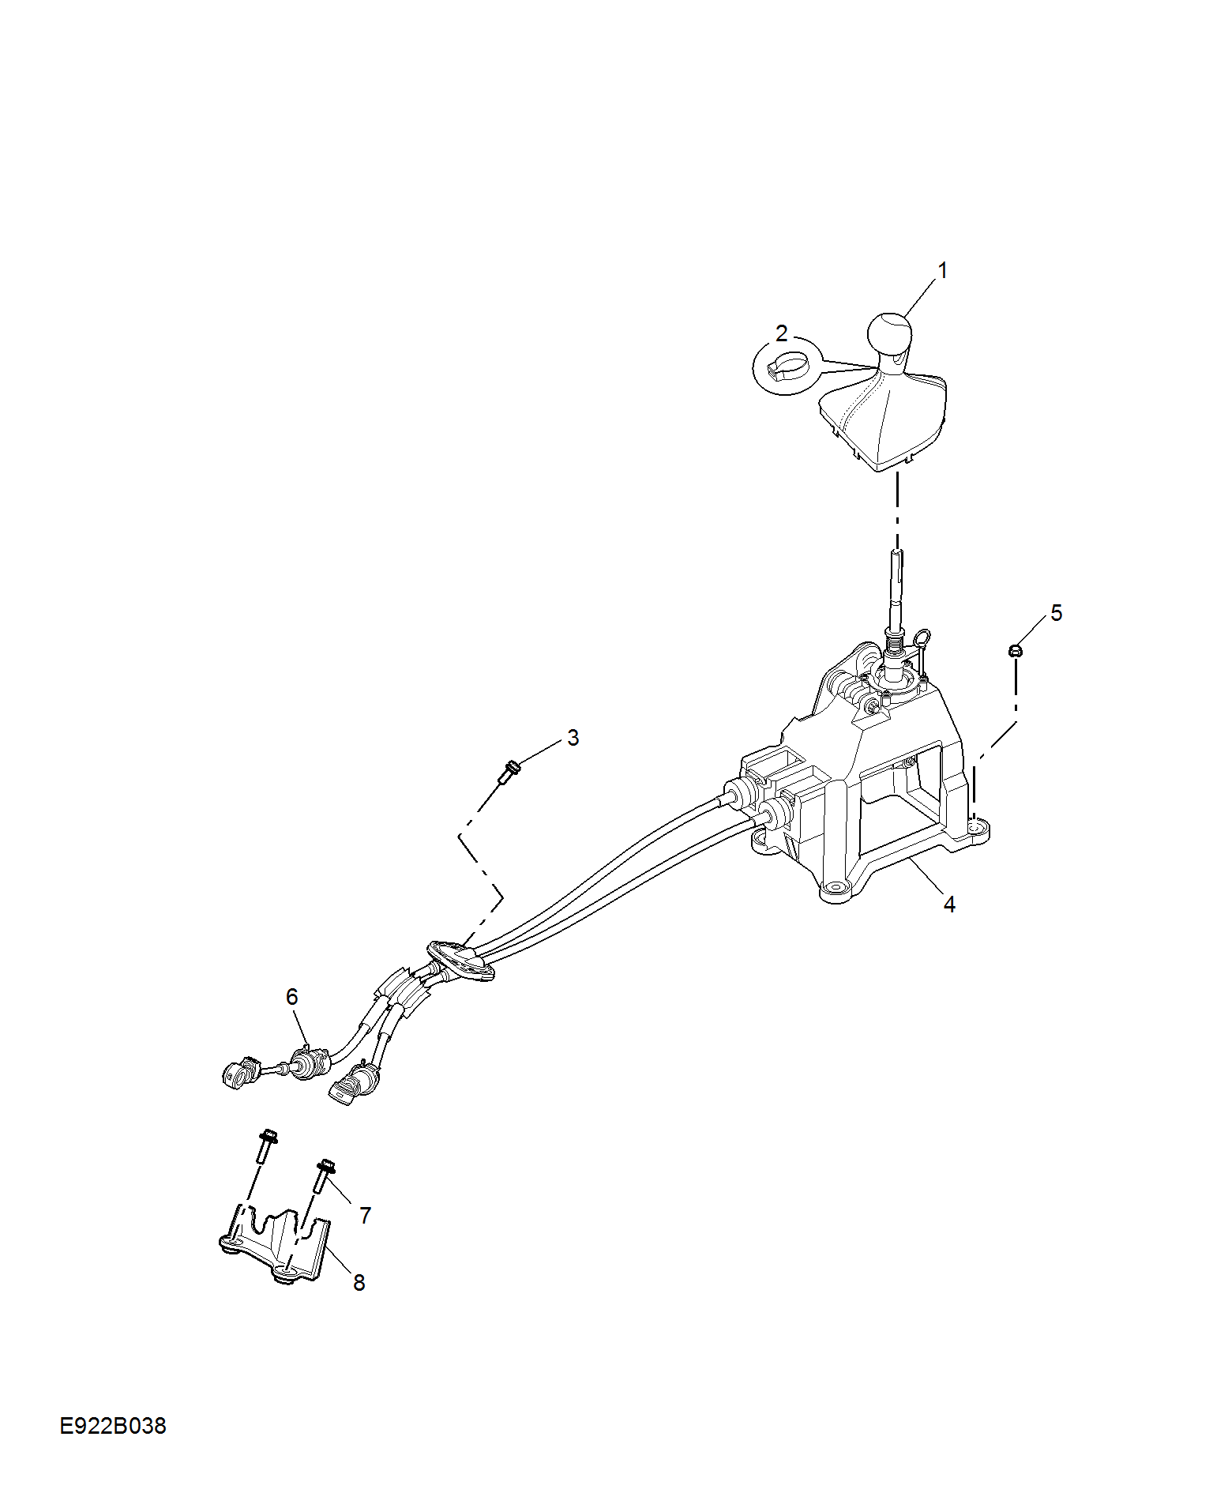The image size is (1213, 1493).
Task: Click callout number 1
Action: tap(941, 270)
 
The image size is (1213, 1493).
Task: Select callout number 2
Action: tap(781, 333)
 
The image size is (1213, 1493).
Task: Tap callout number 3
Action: tap(573, 738)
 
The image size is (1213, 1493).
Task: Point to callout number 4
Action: tap(949, 904)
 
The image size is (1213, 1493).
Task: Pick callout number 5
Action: tap(1057, 613)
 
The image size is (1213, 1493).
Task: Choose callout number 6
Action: tap(292, 997)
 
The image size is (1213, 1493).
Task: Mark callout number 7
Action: tap(365, 1216)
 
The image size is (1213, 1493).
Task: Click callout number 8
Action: tap(359, 1283)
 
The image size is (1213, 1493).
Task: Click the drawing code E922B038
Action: tap(113, 1426)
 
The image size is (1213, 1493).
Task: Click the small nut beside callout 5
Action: tap(1016, 651)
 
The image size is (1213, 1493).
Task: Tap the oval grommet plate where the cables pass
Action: tap(461, 961)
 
